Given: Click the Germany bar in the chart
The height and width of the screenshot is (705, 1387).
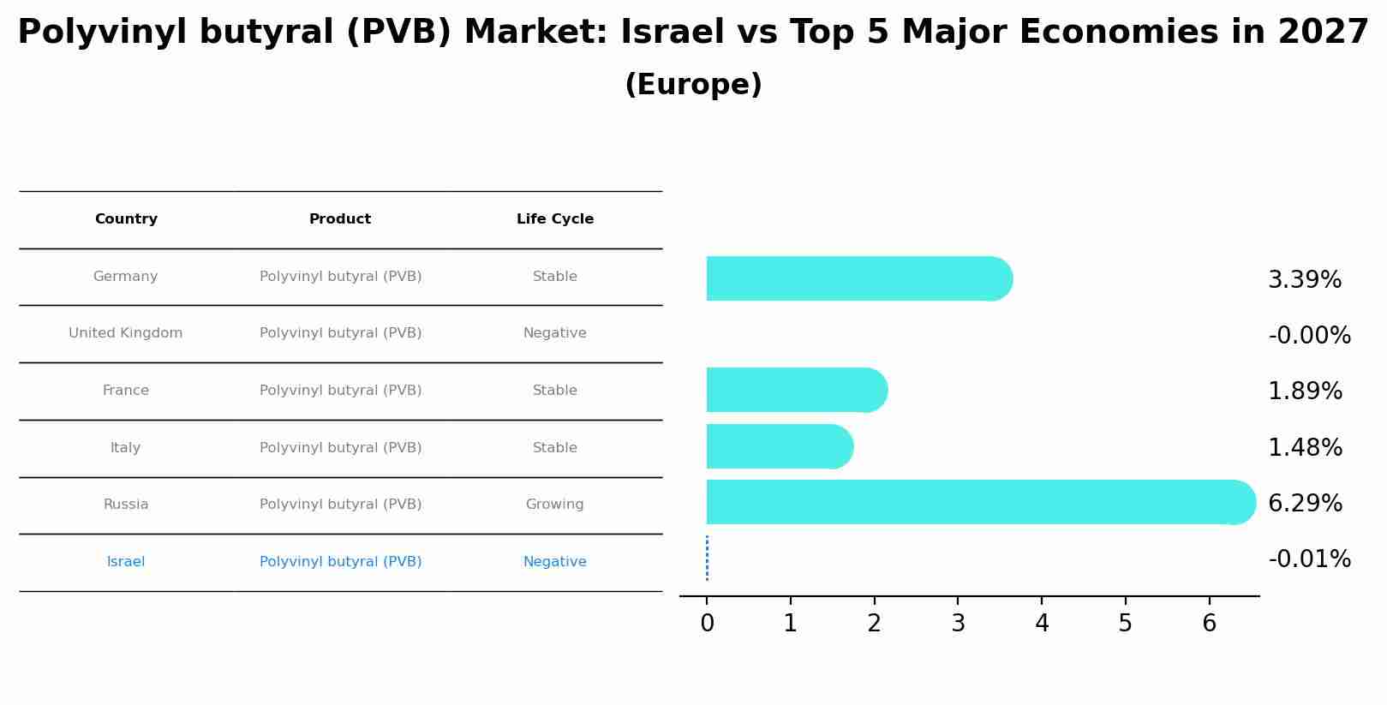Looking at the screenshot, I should click(857, 278).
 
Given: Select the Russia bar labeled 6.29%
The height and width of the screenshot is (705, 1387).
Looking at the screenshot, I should click(977, 502).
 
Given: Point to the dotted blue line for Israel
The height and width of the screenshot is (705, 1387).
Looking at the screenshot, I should click(707, 559).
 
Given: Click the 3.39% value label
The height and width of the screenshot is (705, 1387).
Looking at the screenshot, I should click(1304, 280).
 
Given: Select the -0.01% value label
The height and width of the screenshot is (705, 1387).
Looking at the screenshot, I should click(1309, 559).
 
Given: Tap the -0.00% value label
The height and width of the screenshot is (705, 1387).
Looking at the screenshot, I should click(1309, 336).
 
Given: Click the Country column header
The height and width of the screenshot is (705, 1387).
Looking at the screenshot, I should click(126, 219).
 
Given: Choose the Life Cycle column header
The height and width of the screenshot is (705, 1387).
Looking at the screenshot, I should click(554, 219).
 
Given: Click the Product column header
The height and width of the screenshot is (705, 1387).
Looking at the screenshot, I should click(340, 219).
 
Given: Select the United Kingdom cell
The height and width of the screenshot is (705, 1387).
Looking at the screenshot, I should click(126, 333).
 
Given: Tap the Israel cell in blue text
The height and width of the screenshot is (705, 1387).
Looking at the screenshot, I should click(126, 562).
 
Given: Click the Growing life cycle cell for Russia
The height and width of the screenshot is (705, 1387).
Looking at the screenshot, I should click(554, 505).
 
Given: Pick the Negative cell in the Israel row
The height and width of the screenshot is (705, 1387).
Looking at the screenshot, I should click(554, 562).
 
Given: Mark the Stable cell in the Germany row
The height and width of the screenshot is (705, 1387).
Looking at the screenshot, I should click(554, 277).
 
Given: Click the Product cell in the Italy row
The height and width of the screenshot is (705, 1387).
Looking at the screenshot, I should click(340, 448).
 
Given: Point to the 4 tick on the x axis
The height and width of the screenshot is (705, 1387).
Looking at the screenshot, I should click(1042, 623).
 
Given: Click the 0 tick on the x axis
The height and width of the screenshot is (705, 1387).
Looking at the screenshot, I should click(707, 623).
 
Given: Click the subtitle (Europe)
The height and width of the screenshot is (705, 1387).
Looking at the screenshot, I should click(693, 86).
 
